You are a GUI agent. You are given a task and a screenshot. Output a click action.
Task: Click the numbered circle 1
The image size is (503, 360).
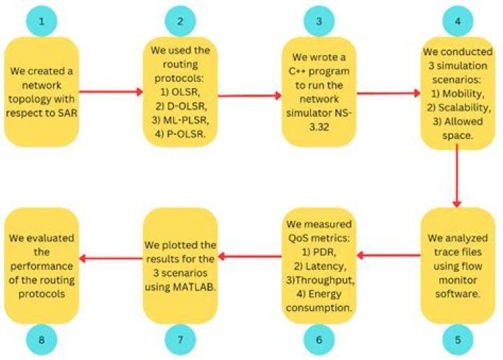click(x=42, y=21)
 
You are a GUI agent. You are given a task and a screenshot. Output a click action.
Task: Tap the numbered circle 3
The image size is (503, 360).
click(x=319, y=21)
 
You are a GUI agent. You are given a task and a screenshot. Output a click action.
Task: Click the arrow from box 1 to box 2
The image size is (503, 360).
click(x=109, y=91)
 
